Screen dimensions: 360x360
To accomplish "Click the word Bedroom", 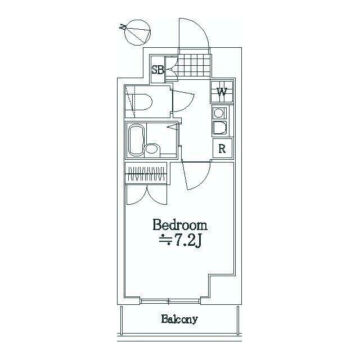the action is (180, 226).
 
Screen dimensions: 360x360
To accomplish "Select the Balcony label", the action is (179, 319).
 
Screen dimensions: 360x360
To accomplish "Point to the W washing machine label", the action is (222, 91).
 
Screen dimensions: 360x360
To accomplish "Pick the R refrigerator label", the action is (222, 149).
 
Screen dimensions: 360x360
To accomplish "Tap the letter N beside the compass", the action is (123, 26).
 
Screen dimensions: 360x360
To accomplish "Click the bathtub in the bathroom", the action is (136, 140).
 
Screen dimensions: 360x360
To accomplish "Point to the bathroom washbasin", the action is (151, 149).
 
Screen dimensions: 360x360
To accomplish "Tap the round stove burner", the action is (218, 113).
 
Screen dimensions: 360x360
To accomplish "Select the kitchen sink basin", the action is (219, 128).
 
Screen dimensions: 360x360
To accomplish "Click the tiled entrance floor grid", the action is (195, 63).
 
